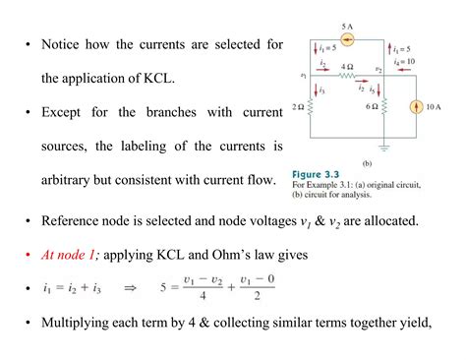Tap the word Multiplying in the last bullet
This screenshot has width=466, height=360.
click(x=80, y=324)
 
